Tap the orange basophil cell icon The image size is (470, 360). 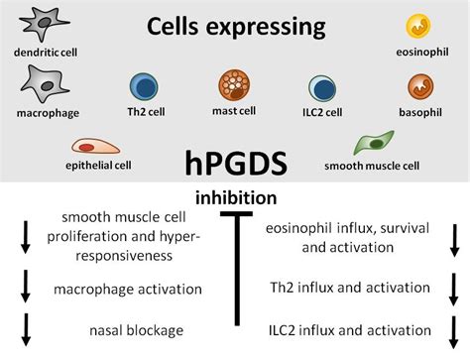click(x=417, y=86)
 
